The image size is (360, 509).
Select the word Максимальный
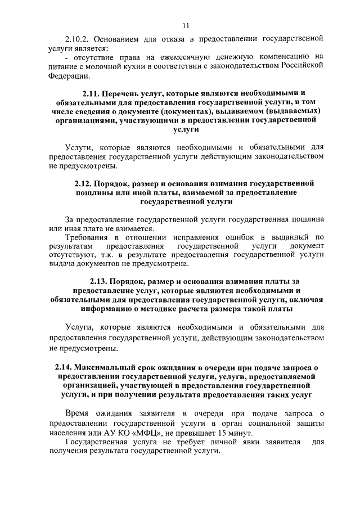click(x=113, y=368)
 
